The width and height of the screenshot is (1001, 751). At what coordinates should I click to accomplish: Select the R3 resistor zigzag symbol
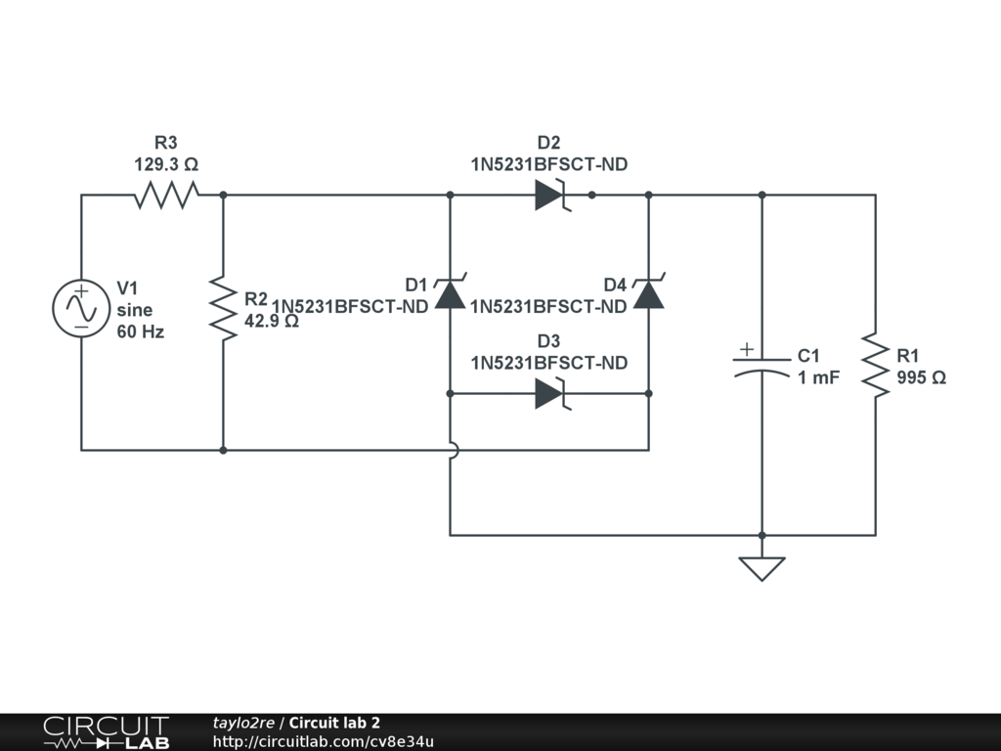coord(166,195)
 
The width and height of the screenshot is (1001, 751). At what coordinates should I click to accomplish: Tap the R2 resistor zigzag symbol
coord(224,309)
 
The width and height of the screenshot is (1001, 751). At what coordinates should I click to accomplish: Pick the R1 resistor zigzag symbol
coord(875,365)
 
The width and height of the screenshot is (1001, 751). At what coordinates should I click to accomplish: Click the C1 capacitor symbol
coord(762,366)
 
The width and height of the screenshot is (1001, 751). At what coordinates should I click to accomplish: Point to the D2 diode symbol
coord(550,195)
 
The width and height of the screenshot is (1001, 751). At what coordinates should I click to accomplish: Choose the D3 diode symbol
coord(550,394)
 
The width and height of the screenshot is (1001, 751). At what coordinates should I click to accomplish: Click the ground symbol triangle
coord(762,568)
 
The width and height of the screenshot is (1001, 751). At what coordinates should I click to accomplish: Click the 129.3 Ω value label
coord(166,165)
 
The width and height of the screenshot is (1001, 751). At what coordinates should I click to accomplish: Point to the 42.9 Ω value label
coord(272,320)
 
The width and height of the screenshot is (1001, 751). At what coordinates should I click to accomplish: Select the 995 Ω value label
coord(921,378)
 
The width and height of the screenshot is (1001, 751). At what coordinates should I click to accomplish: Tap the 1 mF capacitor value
coord(818,377)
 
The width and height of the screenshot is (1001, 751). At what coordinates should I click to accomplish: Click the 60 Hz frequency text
coord(141,331)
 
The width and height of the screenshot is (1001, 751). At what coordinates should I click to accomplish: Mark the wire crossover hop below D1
coord(451,450)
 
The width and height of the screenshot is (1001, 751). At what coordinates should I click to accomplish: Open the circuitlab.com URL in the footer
coord(323,741)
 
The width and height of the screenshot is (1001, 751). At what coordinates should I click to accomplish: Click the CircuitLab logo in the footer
coord(105,732)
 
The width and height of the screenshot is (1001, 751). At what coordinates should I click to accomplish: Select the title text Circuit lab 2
coord(334,723)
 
